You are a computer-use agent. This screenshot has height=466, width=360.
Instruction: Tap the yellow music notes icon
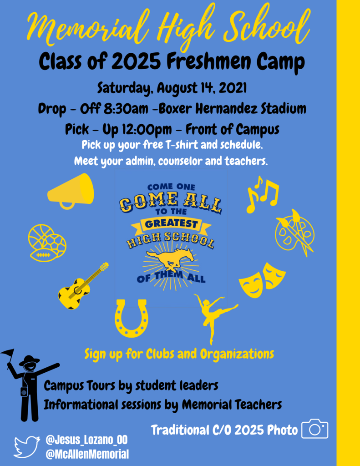263,195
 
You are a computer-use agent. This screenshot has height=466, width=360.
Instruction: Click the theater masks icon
262,280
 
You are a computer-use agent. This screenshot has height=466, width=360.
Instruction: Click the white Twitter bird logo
27,447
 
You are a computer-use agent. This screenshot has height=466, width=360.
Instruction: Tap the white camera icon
315,429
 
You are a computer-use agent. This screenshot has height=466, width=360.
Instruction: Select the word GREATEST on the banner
171,223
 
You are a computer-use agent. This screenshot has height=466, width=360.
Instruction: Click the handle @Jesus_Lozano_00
86,440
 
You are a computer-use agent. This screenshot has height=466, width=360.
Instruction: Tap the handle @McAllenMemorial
87,454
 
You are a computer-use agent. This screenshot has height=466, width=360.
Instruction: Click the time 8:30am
126,109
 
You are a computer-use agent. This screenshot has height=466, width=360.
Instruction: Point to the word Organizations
237,354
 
